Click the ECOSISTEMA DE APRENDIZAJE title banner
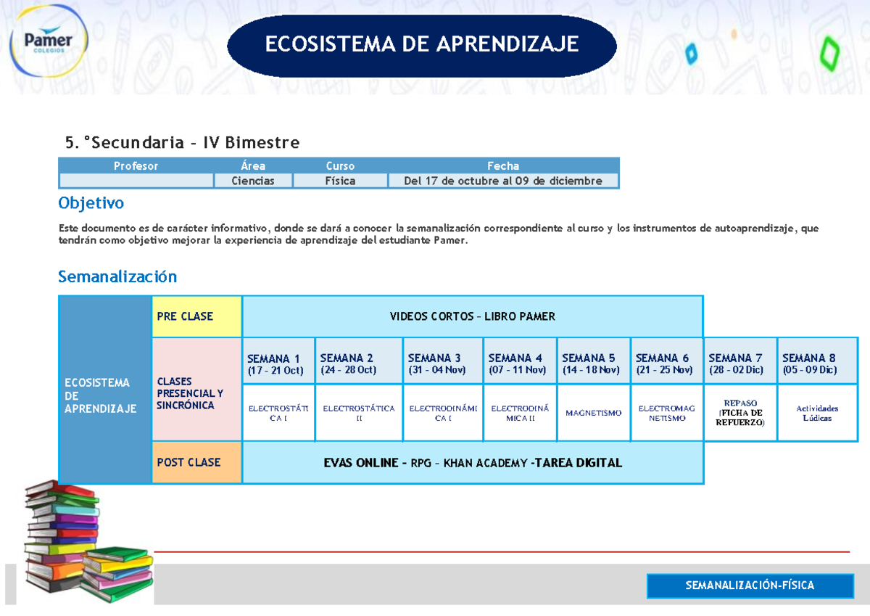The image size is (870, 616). click(421, 45)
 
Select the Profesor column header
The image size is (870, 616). click(136, 165)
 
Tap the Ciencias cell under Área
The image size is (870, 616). click(253, 181)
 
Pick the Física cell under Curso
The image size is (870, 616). click(340, 181)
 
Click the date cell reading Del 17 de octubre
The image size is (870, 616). click(503, 181)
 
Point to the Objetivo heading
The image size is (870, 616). click(91, 202)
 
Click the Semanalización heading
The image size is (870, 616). click(117, 276)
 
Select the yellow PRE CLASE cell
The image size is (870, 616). click(196, 316)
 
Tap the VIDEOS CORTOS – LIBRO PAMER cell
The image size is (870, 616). click(472, 316)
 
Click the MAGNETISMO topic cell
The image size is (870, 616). click(593, 413)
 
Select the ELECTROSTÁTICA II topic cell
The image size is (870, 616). click(359, 413)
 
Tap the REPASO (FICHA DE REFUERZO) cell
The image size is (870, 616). click(739, 413)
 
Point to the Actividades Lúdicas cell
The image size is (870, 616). click(817, 413)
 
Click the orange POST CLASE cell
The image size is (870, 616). click(196, 462)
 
